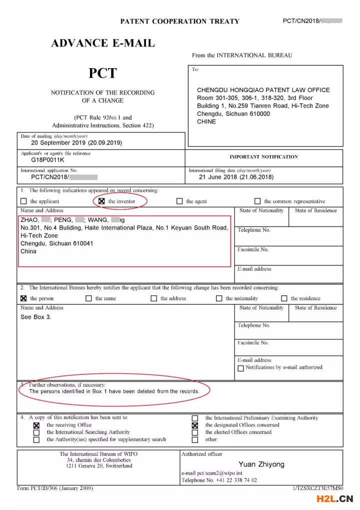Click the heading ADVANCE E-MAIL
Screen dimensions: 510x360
coord(103,44)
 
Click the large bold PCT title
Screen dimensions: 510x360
coord(102,74)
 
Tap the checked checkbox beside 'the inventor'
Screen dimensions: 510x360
coord(101,201)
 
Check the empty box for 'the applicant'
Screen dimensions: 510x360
coord(23,201)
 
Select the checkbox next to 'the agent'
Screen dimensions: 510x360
coord(179,201)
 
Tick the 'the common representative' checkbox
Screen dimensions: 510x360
coord(257,201)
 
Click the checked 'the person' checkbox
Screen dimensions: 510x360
coord(23,298)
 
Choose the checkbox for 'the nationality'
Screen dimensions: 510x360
coord(219,298)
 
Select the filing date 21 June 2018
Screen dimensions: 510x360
coord(236,177)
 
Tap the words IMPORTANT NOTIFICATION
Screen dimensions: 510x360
coord(263,157)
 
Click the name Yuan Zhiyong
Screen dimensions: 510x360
coord(261,464)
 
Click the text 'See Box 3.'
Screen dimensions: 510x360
coord(36,317)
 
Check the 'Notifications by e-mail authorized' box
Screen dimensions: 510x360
coord(240,368)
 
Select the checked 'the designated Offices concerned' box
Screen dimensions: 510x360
coord(195,425)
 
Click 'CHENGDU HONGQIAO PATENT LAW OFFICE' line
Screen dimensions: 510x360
coord(263,90)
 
